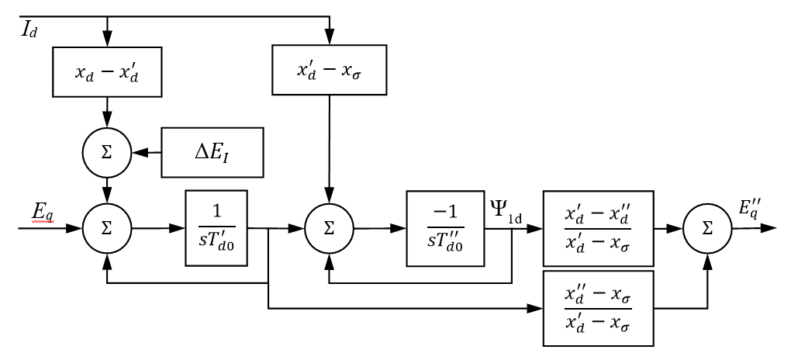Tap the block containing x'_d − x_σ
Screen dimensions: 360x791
pos(330,72)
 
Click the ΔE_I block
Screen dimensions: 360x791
pos(212,151)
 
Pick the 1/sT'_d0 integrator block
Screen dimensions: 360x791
pos(216,229)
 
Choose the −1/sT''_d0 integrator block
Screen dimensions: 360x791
pos(440,229)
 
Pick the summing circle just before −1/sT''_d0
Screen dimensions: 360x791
pos(330,229)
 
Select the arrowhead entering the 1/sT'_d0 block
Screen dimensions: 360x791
pos(179,229)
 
